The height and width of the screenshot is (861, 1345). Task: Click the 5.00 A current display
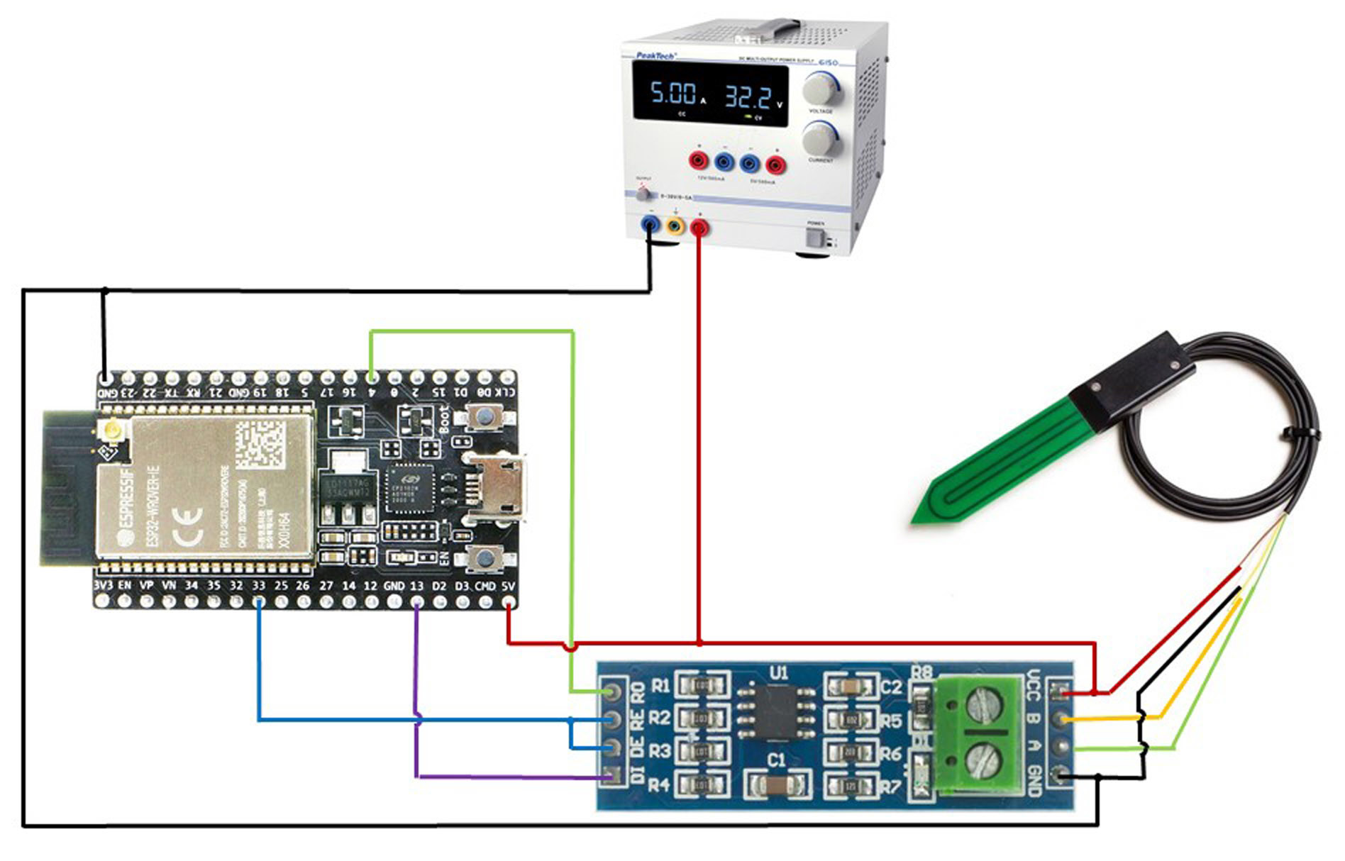coord(674,94)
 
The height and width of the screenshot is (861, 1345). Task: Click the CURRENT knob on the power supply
coord(820,138)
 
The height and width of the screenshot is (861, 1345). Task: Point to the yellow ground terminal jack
coord(675,226)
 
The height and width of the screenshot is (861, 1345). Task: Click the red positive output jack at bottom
coord(699,227)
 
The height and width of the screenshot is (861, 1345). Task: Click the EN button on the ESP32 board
coord(484,558)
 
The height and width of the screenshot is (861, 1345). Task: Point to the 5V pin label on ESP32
coord(508,587)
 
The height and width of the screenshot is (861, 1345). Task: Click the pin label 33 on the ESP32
coord(258,587)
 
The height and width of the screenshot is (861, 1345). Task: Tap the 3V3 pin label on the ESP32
coord(104,586)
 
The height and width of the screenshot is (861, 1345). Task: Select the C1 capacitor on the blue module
coord(777,784)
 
